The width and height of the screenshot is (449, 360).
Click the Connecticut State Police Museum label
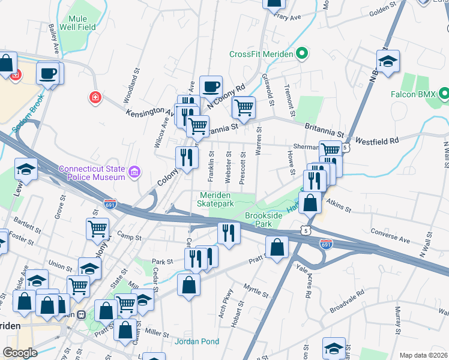point(92,172)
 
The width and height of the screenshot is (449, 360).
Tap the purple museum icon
point(134,173)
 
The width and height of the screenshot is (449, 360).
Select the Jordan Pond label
point(197,341)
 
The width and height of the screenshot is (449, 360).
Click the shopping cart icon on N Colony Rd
point(243,107)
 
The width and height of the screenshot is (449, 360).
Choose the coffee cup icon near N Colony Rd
point(211,86)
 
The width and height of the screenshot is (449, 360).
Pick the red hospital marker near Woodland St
point(94,97)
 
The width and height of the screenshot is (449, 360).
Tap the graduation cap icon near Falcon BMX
point(388,61)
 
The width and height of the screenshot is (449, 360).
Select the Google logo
point(20,352)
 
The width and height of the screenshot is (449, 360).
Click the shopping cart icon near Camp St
point(97,228)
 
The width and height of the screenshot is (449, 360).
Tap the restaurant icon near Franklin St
point(187,157)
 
